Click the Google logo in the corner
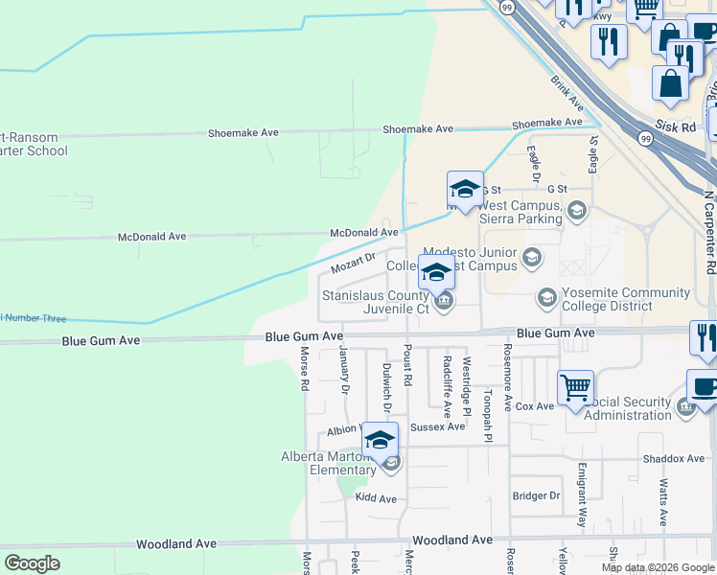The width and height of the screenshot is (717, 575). [x=32, y=563]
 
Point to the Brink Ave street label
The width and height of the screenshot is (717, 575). [x=567, y=92]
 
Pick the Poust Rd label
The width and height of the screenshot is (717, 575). [x=407, y=365]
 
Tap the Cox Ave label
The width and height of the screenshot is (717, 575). [x=534, y=406]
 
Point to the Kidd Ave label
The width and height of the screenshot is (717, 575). [x=376, y=498]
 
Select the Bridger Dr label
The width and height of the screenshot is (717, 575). [x=536, y=495]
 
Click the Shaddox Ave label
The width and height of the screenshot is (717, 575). [x=674, y=459]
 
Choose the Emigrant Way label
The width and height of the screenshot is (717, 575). [x=581, y=496]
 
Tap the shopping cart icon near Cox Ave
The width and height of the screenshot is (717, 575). [x=575, y=388]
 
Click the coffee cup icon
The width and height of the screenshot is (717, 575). [x=704, y=387]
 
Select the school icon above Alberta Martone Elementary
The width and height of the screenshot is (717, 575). [x=380, y=440]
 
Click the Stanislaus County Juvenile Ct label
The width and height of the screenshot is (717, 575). [x=375, y=303]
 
